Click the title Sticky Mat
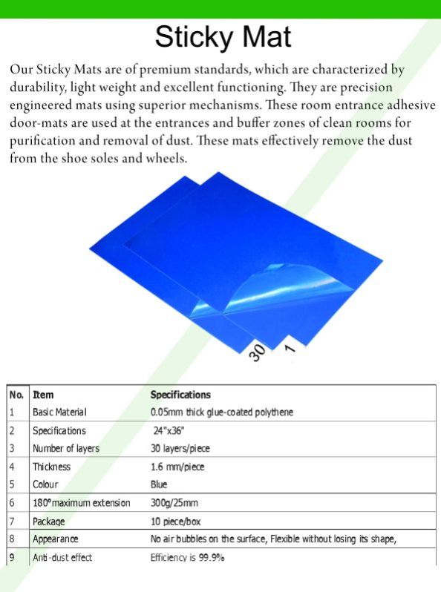pyautogui.click(x=223, y=36)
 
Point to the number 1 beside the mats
pyautogui.click(x=290, y=346)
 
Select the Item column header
pyautogui.click(x=43, y=395)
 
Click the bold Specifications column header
pyautogui.click(x=180, y=395)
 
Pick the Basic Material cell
pyautogui.click(x=59, y=412)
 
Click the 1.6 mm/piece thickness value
pyautogui.click(x=177, y=467)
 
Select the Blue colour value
pyautogui.click(x=159, y=484)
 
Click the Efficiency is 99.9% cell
pyautogui.click(x=187, y=557)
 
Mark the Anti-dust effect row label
pyautogui.click(x=62, y=557)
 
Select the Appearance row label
pyautogui.click(x=55, y=539)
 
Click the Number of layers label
pyautogui.click(x=65, y=448)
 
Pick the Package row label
pyautogui.click(x=49, y=522)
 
